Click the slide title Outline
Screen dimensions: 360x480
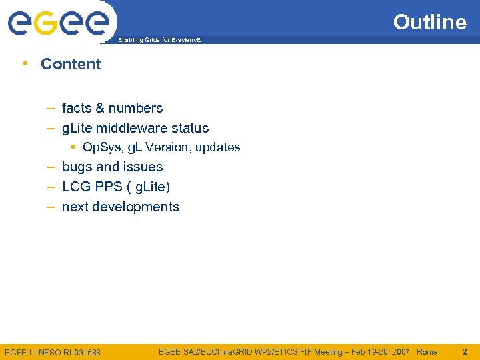click(429, 22)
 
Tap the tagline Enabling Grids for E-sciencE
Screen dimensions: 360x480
click(159, 41)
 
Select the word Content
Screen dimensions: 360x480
click(71, 64)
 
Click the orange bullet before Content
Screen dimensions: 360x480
click(25, 64)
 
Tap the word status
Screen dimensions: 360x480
click(190, 128)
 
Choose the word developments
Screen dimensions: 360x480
click(136, 207)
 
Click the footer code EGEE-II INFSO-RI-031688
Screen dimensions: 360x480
click(53, 352)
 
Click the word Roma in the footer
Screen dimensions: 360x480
click(427, 351)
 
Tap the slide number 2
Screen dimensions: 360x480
click(465, 351)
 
